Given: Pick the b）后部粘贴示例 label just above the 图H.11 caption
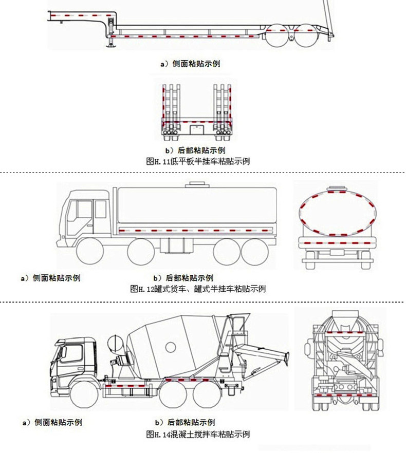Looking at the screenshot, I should [x=195, y=150].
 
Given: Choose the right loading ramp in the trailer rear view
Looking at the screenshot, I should [x=223, y=103].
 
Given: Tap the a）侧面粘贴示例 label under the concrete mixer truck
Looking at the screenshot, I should [x=51, y=423].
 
